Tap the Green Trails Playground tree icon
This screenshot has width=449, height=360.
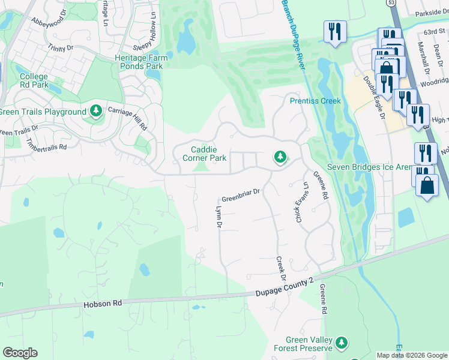pos(95,112)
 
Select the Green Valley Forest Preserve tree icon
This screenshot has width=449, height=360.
pos(342,343)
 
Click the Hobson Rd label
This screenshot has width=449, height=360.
pos(102,304)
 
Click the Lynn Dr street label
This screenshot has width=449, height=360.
pos(218,217)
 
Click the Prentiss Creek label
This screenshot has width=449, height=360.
pos(315,101)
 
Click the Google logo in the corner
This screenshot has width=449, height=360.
pos(20,353)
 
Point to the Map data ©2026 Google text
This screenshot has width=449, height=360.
pos(412,355)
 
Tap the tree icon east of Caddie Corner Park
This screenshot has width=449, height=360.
pos(280,157)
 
